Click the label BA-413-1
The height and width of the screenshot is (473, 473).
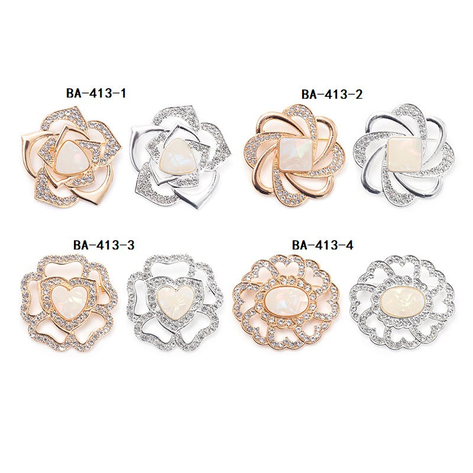click(96, 93)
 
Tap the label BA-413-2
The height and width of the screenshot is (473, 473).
click(332, 95)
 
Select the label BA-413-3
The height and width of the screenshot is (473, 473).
click(103, 245)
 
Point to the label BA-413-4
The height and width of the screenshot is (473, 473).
click(322, 245)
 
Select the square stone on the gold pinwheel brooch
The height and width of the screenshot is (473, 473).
click(294, 154)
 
